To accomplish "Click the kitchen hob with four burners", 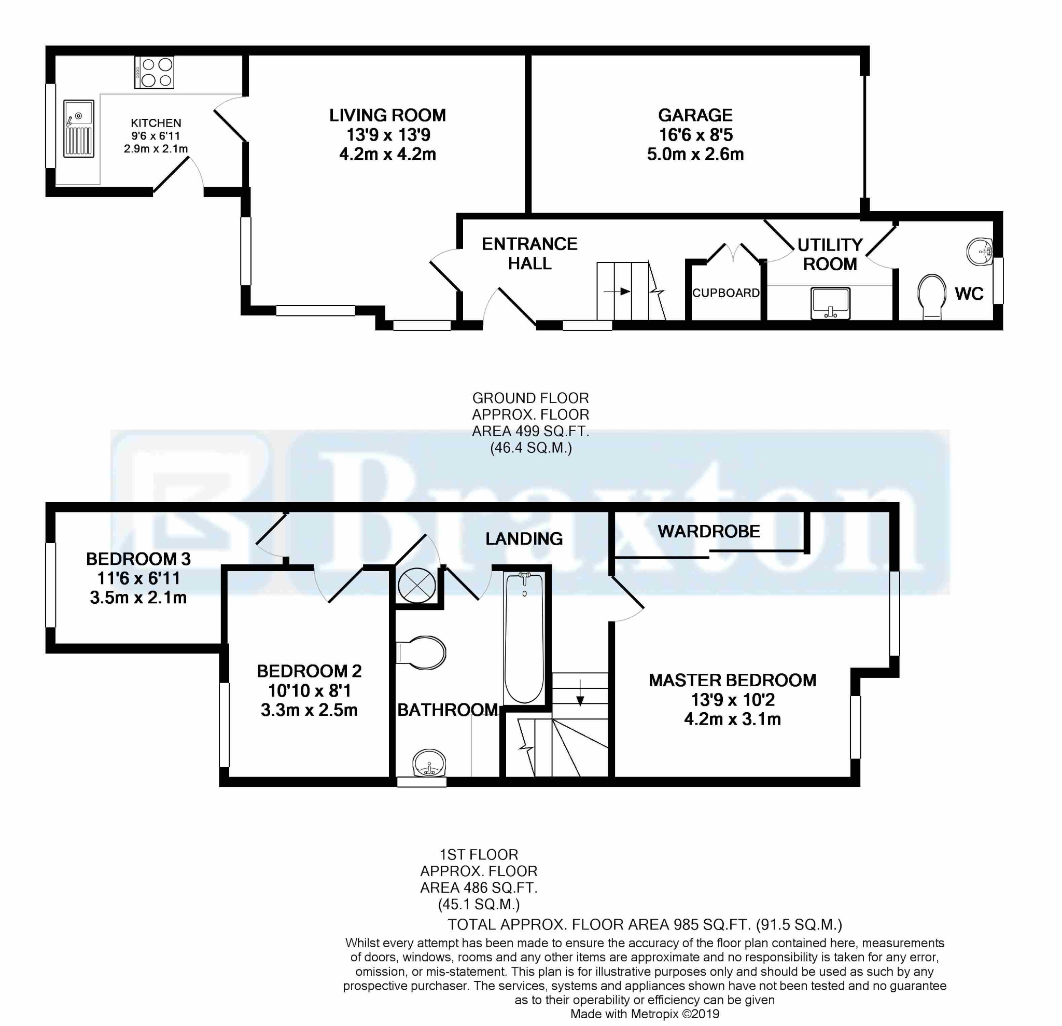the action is point(155,73).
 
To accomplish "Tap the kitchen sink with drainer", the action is point(79,129).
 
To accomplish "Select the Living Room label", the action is point(387,115).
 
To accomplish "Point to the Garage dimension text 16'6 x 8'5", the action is point(695,134).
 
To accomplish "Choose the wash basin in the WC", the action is point(980,252).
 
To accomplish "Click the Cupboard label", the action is point(725,293).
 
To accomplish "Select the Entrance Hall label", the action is point(529,254).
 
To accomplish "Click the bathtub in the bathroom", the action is point(524,638).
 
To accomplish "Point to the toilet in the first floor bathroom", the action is point(421,653).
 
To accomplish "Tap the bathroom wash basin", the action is point(429,763).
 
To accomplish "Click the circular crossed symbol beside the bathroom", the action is point(417,586).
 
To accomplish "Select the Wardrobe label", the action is point(709,531).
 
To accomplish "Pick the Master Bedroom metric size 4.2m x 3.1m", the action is point(732,719).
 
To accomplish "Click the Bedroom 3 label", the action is point(138,559).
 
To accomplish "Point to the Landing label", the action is point(524,539).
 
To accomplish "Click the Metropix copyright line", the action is point(645,1014).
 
